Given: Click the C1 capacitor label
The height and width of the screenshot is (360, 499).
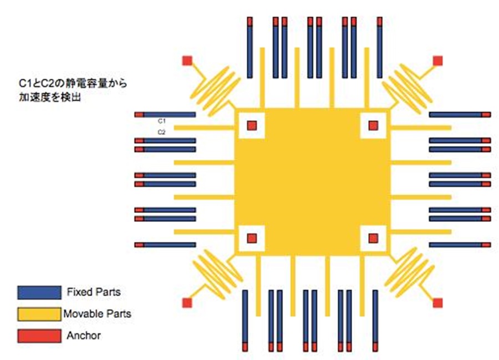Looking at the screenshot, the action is tap(162, 121).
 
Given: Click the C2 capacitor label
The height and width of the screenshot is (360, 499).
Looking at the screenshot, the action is tap(162, 132).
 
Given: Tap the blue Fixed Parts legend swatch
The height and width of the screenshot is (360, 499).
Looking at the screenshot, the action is tap(39, 292).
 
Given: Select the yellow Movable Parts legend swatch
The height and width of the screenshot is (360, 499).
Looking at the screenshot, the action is tap(39, 314).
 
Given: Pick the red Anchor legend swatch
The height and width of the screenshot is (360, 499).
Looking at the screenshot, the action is tap(39, 336).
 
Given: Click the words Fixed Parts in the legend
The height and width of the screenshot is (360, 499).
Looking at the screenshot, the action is tap(94, 292).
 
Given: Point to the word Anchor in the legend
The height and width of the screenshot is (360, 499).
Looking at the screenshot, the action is tap(84, 336).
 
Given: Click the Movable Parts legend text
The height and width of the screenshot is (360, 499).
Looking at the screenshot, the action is tap(98, 314).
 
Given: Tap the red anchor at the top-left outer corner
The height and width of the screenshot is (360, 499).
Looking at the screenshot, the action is tap(187, 60).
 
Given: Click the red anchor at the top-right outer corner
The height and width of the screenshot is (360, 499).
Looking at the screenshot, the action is tap(438, 60).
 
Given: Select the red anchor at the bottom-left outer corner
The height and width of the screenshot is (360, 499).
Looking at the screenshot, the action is tap(187, 303).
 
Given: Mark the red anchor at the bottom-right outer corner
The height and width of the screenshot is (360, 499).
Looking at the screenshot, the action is tap(438, 303).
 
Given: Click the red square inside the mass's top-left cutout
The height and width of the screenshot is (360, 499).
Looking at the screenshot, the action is tap(252, 125).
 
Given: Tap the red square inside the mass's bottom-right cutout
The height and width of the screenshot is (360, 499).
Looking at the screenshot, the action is tap(373, 238).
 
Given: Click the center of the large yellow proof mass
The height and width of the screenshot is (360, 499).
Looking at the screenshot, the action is tap(312, 182).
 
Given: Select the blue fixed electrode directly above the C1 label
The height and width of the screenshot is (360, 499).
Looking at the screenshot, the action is tap(165, 115).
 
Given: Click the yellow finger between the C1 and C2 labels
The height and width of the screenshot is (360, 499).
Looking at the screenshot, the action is tap(204, 128).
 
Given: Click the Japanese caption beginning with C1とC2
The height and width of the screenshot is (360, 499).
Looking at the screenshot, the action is tap(73, 90).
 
